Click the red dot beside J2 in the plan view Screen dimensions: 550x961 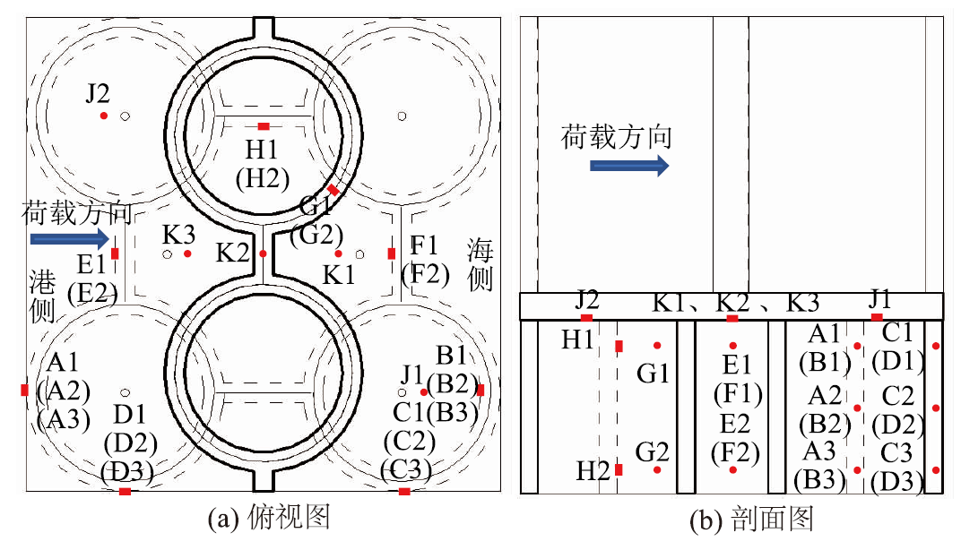tap(104, 116)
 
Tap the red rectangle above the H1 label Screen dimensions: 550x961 tap(263, 126)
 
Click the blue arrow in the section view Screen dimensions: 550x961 tap(629, 165)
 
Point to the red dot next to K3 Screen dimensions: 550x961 tap(187, 254)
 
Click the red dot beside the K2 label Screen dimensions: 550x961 tap(263, 254)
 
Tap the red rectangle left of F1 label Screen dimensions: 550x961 tap(392, 254)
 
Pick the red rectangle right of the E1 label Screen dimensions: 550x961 tap(115, 254)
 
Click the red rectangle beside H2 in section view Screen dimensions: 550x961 tap(619, 469)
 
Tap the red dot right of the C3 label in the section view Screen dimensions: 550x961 tap(936, 470)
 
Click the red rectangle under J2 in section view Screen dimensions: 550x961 tap(586, 318)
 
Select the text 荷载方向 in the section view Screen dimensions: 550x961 tap(617, 137)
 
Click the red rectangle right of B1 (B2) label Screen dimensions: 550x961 tap(480, 390)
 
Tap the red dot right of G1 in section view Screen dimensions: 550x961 tap(658, 346)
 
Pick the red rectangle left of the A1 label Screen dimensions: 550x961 tap(24, 390)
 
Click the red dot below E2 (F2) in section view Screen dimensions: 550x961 tap(733, 469)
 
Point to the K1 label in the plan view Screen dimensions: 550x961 tap(339, 275)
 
